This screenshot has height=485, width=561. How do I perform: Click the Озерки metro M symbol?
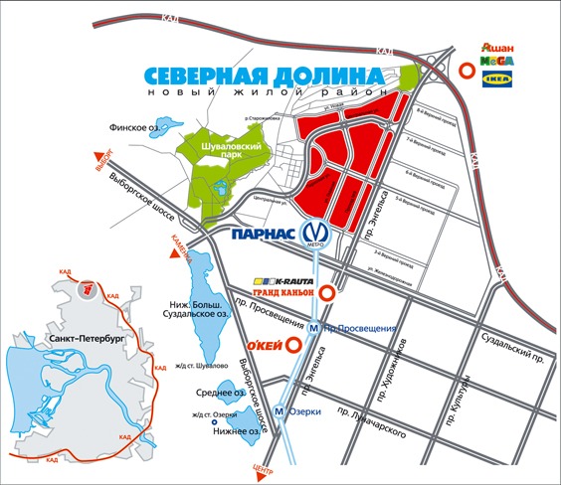click(x=280, y=411)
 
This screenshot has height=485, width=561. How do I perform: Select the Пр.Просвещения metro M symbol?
click(x=314, y=329)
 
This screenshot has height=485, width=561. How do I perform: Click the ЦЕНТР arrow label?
click(x=264, y=468)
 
